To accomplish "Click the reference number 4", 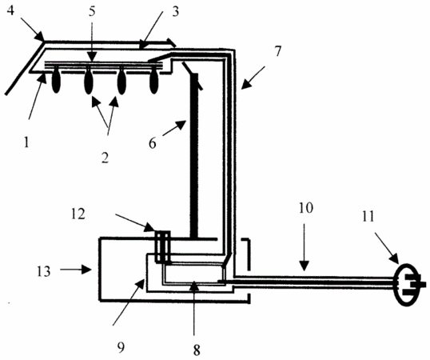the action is [10, 11].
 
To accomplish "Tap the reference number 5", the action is [92, 12].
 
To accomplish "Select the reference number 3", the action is [175, 12].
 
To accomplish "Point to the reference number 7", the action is [278, 51].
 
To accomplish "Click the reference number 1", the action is [26, 142].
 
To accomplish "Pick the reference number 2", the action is [105, 158].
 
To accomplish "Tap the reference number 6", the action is [153, 143].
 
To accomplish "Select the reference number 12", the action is [78, 214].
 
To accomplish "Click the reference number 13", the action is [44, 271].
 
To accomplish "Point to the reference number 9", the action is [121, 347].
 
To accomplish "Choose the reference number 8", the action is [197, 350].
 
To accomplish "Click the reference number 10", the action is [306, 208].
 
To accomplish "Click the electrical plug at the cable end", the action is [409, 284].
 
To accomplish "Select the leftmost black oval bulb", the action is [56, 82].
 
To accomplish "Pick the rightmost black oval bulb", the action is [153, 82].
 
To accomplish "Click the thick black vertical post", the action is [193, 157].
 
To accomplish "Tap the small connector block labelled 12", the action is [163, 247].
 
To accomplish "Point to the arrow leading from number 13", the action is [76, 270].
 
